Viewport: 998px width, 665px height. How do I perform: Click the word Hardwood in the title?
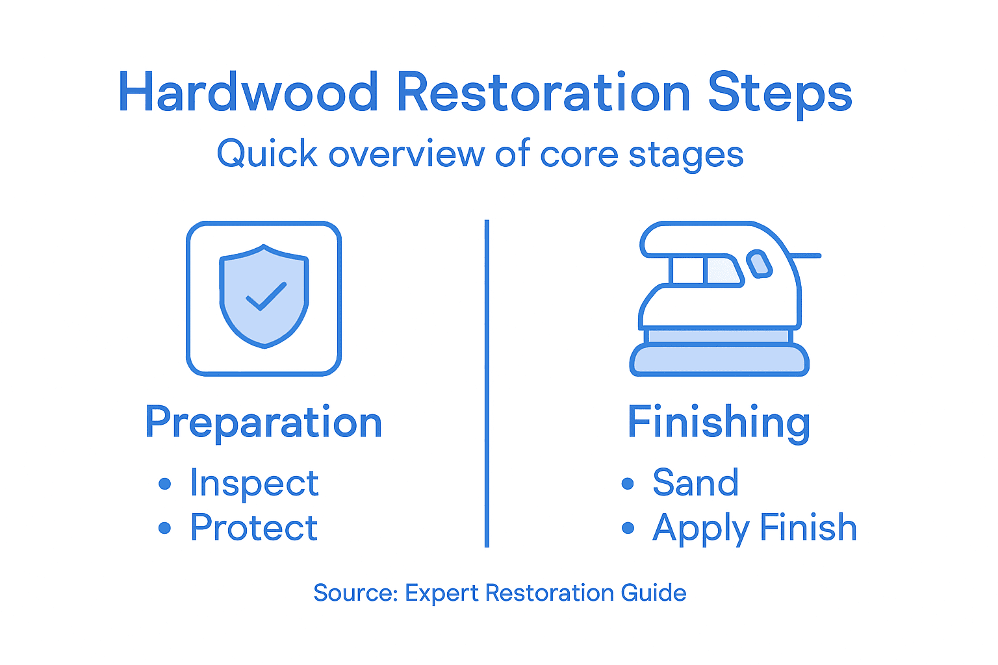(248, 92)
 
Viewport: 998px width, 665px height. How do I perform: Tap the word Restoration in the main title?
(543, 92)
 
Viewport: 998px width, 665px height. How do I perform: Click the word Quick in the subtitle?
(267, 155)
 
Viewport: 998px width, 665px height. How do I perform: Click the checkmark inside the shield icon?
(266, 296)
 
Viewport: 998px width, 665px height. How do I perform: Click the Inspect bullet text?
(254, 484)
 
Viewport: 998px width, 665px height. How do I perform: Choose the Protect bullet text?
(254, 527)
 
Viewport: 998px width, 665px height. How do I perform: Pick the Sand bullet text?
(695, 483)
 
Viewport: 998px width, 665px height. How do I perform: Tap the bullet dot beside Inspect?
(165, 484)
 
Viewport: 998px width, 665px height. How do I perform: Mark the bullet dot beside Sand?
(628, 483)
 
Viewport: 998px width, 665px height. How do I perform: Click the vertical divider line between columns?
(487, 383)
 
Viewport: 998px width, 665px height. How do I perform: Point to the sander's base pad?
(719, 360)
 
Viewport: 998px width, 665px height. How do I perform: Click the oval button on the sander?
(759, 264)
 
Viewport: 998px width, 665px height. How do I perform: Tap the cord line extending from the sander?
(806, 256)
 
